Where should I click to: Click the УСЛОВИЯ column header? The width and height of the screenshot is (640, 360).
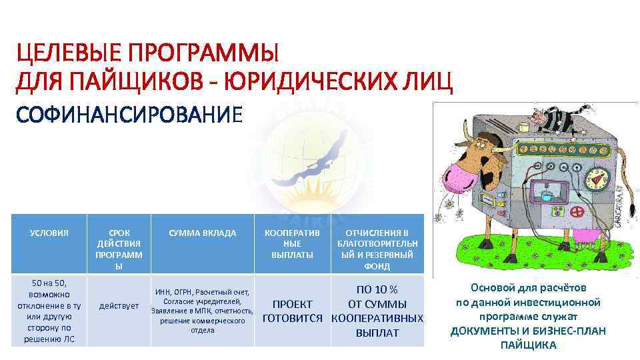point(49,233)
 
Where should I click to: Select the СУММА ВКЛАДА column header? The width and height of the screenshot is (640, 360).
point(202,233)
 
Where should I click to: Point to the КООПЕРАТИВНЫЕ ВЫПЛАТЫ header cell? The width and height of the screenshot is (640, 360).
point(292,243)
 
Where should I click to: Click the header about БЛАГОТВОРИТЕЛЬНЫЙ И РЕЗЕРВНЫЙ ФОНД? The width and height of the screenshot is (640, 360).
point(377,249)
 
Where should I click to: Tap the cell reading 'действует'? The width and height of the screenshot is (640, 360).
point(119,306)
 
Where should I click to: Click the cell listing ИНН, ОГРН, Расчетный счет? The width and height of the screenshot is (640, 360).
point(202,311)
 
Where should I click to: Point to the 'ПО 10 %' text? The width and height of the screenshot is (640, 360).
point(377,290)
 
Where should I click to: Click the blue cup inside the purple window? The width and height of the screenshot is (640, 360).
point(546,195)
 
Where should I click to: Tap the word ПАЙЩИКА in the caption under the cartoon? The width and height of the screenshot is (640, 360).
point(528,345)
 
